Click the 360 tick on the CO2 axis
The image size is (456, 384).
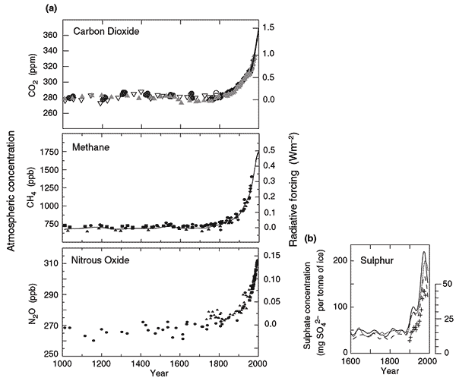[x=49, y=36]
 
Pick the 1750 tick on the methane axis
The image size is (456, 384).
[x=46, y=153]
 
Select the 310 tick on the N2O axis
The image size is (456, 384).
[x=49, y=263]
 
